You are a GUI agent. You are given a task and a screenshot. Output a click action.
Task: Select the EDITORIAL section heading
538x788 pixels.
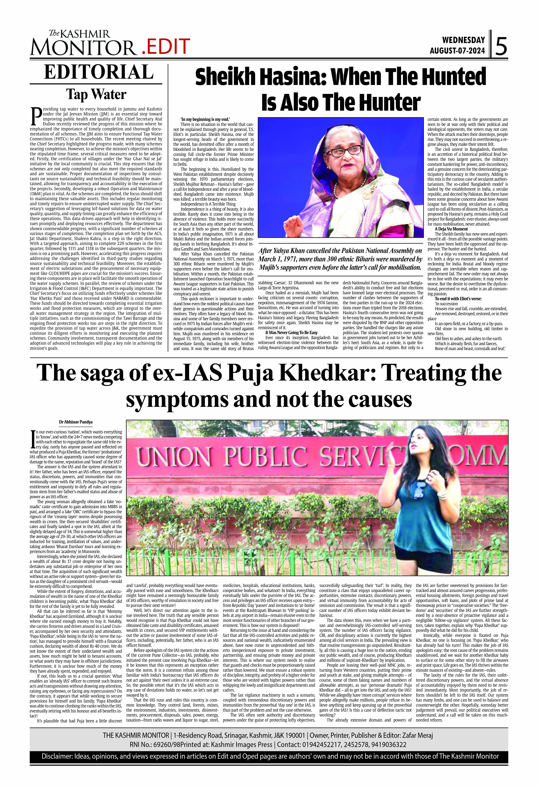click(x=99, y=72)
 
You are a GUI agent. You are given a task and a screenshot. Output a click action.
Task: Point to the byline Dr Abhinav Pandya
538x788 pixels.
click(x=76, y=422)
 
